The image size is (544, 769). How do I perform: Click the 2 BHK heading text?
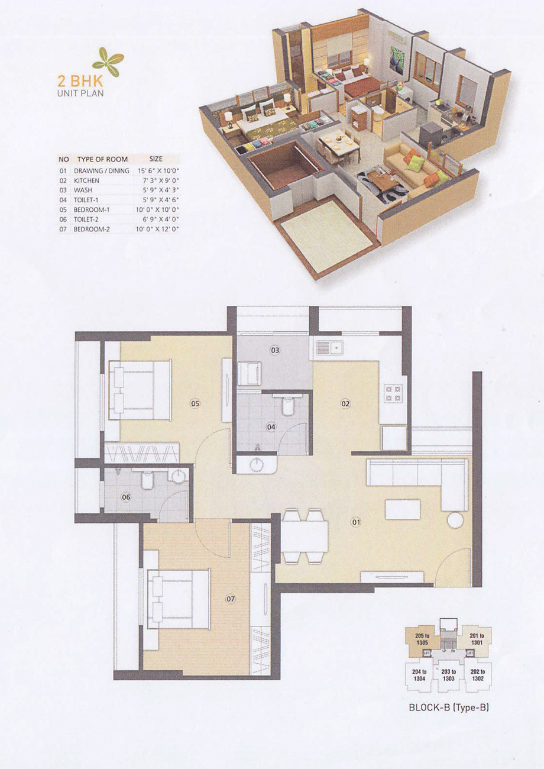point(80,82)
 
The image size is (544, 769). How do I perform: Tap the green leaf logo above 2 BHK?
point(108,62)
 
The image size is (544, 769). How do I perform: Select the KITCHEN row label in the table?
point(86,180)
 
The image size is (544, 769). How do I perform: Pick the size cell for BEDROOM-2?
point(157,229)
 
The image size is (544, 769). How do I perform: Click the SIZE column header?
point(156,159)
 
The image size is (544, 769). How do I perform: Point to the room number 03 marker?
point(275,350)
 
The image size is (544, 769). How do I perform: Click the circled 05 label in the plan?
point(195,403)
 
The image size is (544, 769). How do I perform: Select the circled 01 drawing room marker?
point(356,522)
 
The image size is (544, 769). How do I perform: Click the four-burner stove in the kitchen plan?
point(393,393)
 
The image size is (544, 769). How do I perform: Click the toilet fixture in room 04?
point(287,405)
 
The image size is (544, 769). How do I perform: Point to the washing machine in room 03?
point(250,374)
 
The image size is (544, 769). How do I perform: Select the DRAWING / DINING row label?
point(102,170)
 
